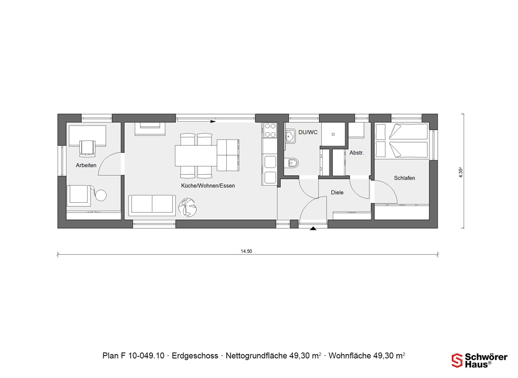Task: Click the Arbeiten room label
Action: click(86, 165)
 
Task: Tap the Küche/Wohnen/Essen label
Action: click(208, 186)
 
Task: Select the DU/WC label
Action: click(308, 132)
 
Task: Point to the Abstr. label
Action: click(356, 153)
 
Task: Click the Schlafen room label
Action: click(405, 178)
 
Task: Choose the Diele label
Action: click(337, 192)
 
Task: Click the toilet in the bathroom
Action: click(291, 163)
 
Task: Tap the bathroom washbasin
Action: click(291, 136)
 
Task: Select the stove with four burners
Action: click(270, 130)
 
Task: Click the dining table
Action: click(196, 156)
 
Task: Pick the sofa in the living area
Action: click(152, 205)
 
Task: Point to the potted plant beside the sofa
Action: click(188, 207)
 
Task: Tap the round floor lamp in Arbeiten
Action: click(101, 195)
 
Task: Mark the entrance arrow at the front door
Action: click(313, 228)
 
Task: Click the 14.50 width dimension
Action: click(246, 251)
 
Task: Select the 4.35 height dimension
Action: click(461, 173)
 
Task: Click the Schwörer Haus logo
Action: click(479, 360)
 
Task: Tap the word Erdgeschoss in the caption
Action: click(195, 356)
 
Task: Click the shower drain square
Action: click(333, 134)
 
